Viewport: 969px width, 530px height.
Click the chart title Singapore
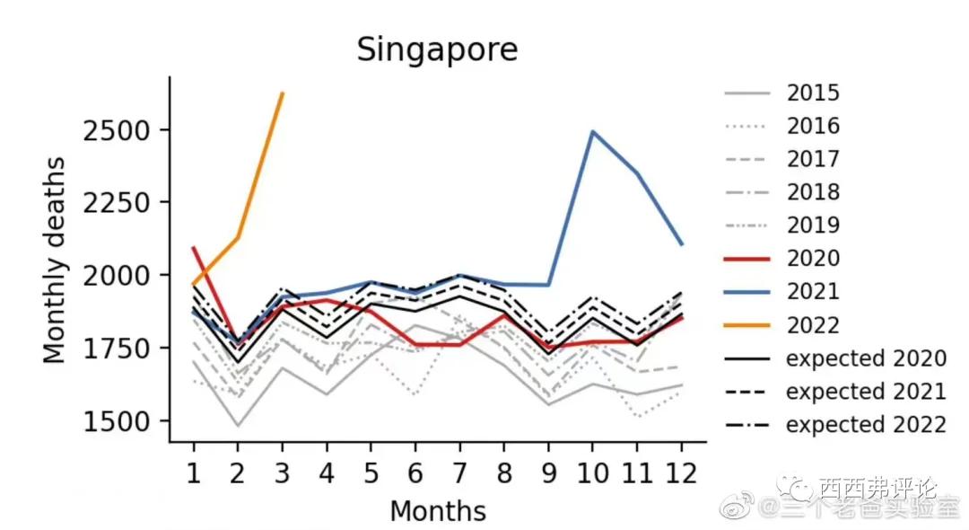(x=437, y=49)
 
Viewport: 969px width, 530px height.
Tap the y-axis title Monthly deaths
(x=56, y=260)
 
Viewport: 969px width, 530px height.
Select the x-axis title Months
(x=437, y=511)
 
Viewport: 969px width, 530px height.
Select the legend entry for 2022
(x=813, y=325)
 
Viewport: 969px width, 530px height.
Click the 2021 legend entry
(x=813, y=292)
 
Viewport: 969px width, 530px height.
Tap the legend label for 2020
(x=813, y=259)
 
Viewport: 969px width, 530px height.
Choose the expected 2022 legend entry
(x=866, y=425)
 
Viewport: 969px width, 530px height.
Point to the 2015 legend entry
(x=813, y=93)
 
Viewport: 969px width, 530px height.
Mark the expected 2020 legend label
(x=866, y=358)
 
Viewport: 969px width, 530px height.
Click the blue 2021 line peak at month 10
(x=592, y=132)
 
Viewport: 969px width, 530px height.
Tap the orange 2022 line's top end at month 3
(x=283, y=93)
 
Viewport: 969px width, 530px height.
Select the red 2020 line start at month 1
(x=193, y=247)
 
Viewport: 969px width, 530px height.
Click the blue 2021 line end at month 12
(x=682, y=243)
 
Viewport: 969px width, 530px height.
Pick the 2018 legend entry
(x=813, y=192)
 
